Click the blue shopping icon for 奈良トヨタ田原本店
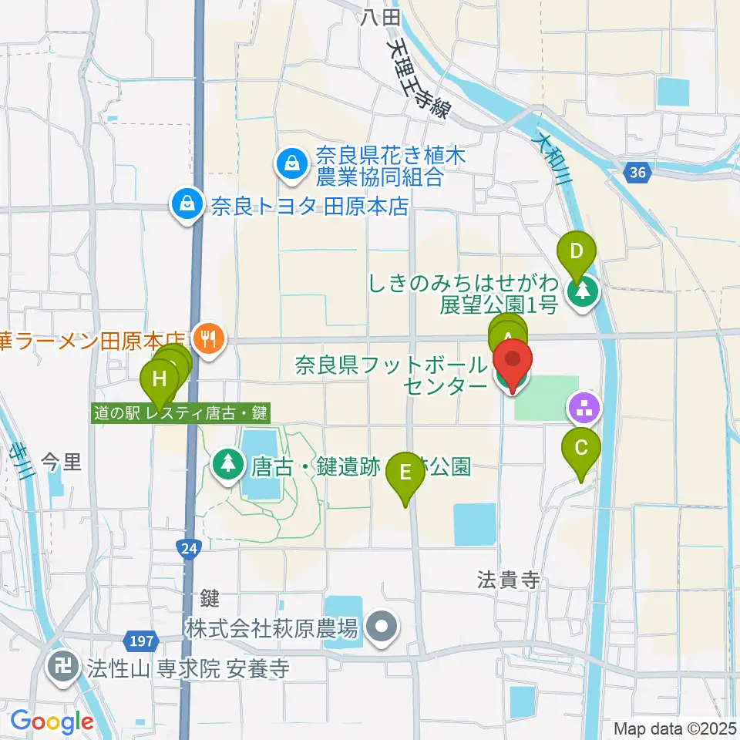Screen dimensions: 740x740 tap(187, 205)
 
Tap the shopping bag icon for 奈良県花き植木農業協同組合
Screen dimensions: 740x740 tap(292, 163)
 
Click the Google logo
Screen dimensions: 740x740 tap(52, 721)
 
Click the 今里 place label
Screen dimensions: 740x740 tap(60, 463)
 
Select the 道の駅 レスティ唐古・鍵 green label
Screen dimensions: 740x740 tap(180, 413)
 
